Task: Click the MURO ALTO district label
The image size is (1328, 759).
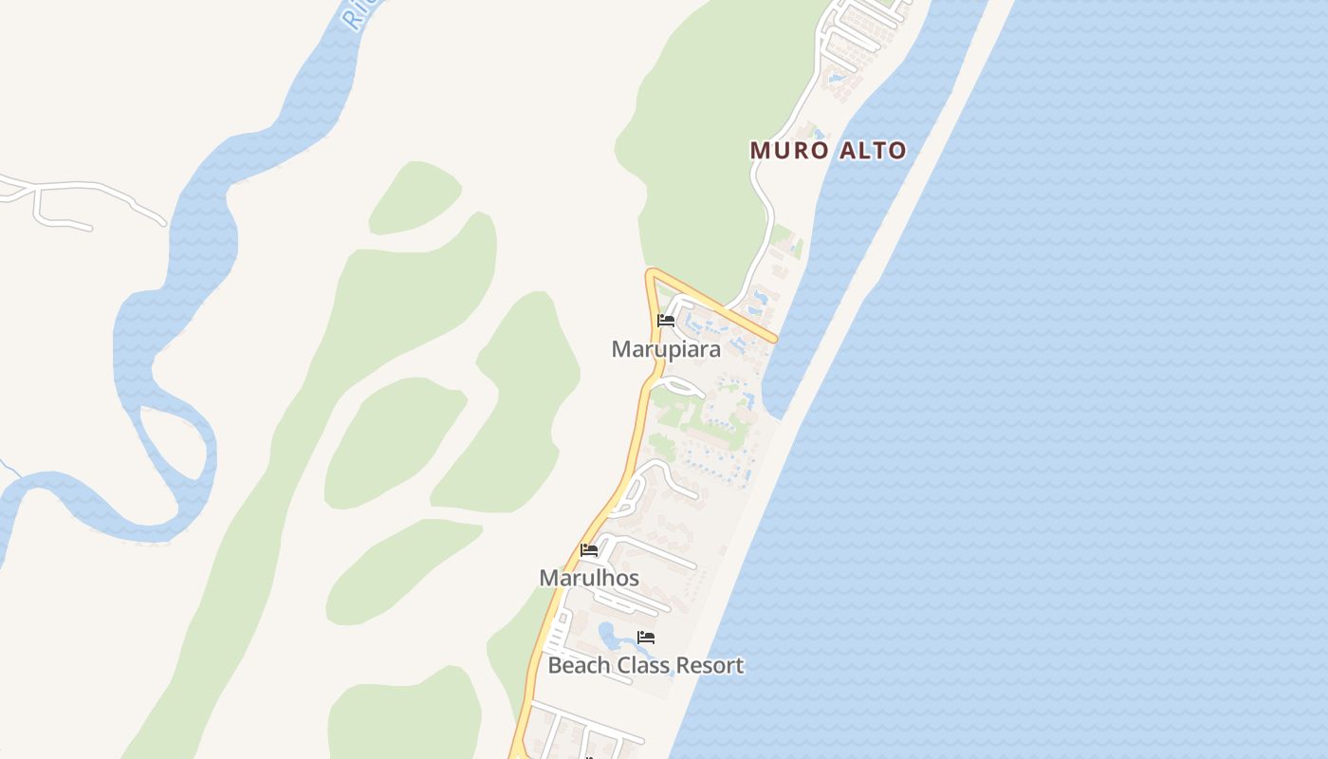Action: click(x=828, y=150)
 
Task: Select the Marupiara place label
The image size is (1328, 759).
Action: click(x=666, y=349)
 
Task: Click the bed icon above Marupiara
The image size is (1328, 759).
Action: click(x=666, y=322)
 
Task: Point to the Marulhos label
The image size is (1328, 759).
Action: click(x=589, y=578)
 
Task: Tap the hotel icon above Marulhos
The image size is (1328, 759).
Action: click(x=589, y=550)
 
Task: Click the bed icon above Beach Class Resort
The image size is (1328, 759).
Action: click(x=646, y=638)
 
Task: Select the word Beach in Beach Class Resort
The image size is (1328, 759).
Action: click(x=580, y=666)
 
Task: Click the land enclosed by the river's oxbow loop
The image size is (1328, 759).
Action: click(x=171, y=446)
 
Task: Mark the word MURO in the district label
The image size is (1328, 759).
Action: click(x=784, y=150)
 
